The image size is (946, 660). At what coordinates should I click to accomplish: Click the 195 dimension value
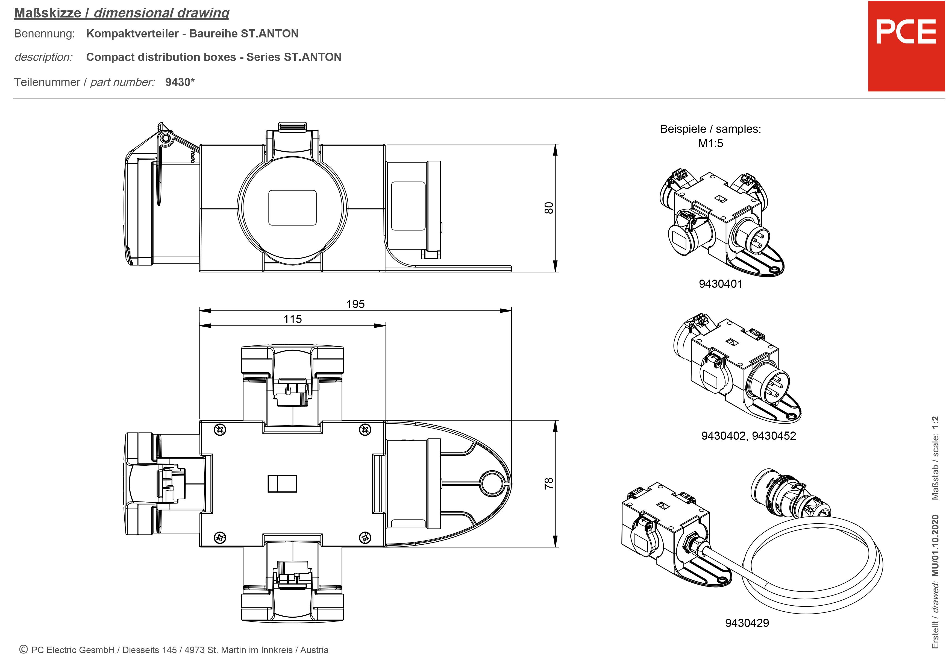point(355,304)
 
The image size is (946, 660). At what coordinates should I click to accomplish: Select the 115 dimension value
point(293,319)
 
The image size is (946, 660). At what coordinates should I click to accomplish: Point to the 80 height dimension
point(549,208)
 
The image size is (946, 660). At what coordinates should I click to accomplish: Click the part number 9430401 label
point(720,284)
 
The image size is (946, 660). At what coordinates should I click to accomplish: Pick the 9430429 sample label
point(747,623)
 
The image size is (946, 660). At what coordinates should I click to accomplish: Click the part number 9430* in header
point(180,82)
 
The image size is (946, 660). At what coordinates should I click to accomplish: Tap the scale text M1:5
point(710,143)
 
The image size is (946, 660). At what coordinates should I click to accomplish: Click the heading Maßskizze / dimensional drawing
point(122,13)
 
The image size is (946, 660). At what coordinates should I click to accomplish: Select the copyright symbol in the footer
point(23,649)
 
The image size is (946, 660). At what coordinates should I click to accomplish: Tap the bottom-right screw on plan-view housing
point(365,537)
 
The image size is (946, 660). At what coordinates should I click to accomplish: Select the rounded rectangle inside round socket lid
point(292,208)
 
